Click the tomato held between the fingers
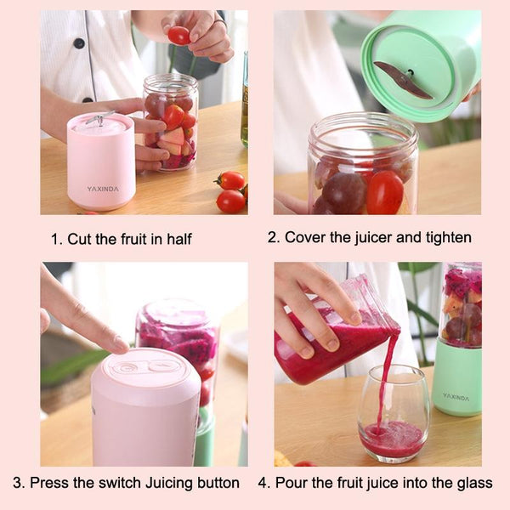click(178, 35)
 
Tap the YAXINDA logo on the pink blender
click(103, 189)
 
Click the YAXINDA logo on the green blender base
click(456, 397)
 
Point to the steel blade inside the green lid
click(403, 80)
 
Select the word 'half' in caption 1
click(179, 239)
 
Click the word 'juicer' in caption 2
click(373, 237)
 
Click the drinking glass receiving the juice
click(393, 414)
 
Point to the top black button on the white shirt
click(79, 43)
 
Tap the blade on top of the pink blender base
click(99, 118)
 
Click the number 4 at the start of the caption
click(263, 483)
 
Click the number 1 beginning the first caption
click(55, 240)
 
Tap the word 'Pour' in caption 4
click(289, 483)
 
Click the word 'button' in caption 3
click(218, 483)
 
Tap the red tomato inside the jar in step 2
click(385, 193)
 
